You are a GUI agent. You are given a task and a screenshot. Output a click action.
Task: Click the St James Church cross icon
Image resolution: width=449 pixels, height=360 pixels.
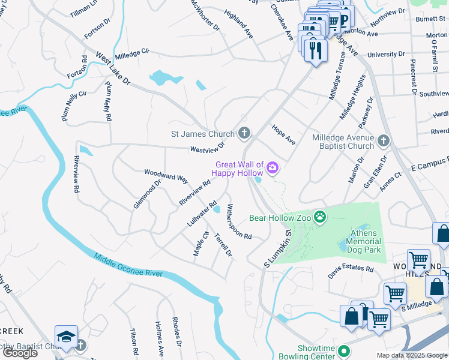tap(244, 133)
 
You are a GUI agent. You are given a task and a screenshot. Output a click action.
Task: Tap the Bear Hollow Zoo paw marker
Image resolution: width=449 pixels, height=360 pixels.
tap(321, 217)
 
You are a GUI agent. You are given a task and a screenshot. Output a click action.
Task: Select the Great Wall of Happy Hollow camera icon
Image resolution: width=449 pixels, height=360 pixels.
tap(273, 167)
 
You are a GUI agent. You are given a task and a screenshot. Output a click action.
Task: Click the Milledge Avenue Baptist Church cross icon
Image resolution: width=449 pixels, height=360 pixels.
tap(384, 140)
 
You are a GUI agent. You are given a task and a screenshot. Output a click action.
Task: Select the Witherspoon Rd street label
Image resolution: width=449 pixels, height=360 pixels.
tap(238, 221)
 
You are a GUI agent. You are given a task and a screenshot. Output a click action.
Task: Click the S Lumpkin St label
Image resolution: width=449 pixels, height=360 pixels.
tap(277, 248)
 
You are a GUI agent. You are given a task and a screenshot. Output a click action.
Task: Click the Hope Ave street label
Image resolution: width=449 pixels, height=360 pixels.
tap(283, 136)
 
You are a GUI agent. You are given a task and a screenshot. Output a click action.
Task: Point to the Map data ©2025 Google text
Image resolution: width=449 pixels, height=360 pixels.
tap(411, 355)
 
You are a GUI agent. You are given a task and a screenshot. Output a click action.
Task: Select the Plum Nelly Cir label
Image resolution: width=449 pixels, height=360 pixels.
tap(74, 106)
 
